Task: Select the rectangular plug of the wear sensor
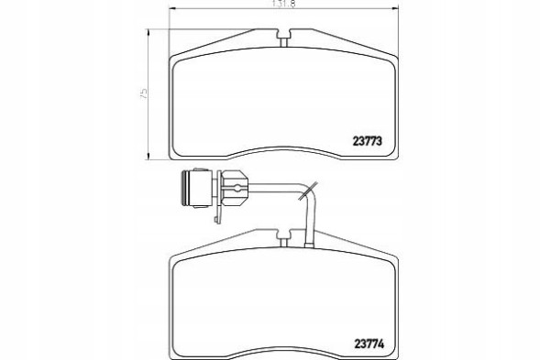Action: [194, 189]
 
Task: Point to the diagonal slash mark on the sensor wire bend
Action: [312, 188]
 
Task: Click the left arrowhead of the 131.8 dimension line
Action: [171, 11]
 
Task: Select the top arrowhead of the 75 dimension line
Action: [151, 31]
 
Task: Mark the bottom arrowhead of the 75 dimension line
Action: [151, 159]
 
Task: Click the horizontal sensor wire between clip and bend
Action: [275, 190]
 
